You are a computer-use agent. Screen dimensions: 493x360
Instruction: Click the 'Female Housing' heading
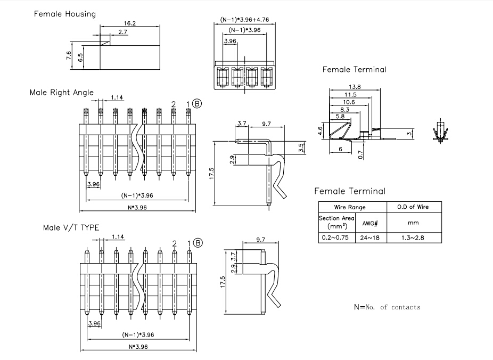pos(65,14)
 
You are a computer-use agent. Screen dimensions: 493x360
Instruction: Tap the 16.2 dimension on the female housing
pos(129,23)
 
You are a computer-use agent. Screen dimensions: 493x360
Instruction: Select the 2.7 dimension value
pos(123,32)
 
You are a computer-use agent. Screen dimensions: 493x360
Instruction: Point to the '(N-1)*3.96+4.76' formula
pos(244,20)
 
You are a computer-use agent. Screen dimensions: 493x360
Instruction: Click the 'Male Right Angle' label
pos(62,93)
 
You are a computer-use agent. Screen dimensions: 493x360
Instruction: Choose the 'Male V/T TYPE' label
pos(71,227)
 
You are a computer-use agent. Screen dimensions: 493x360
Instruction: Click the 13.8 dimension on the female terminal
pos(355,87)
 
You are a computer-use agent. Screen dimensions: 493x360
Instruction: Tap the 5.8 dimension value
pos(340,116)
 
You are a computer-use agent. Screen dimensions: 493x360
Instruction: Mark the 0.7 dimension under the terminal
pos(360,154)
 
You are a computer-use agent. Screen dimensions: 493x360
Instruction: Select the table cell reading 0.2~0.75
pos(335,238)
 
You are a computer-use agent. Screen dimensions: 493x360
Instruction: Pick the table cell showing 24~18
pos(369,238)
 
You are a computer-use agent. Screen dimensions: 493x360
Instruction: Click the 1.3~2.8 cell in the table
pos(413,238)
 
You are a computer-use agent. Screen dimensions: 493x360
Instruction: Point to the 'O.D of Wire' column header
pos(413,207)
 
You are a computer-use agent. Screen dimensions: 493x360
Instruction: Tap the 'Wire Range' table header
pos(350,207)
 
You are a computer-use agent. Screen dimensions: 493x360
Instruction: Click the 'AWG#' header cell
pos(369,223)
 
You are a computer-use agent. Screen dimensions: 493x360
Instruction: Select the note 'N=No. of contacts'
pos(387,307)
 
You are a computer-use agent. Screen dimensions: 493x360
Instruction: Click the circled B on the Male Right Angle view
pos(197,103)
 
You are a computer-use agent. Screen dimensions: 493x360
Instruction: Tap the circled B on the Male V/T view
pos(198,243)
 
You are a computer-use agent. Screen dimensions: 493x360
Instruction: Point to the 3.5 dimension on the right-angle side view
pos(301,148)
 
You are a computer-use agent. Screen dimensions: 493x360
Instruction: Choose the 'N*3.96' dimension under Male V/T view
pos(138,347)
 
